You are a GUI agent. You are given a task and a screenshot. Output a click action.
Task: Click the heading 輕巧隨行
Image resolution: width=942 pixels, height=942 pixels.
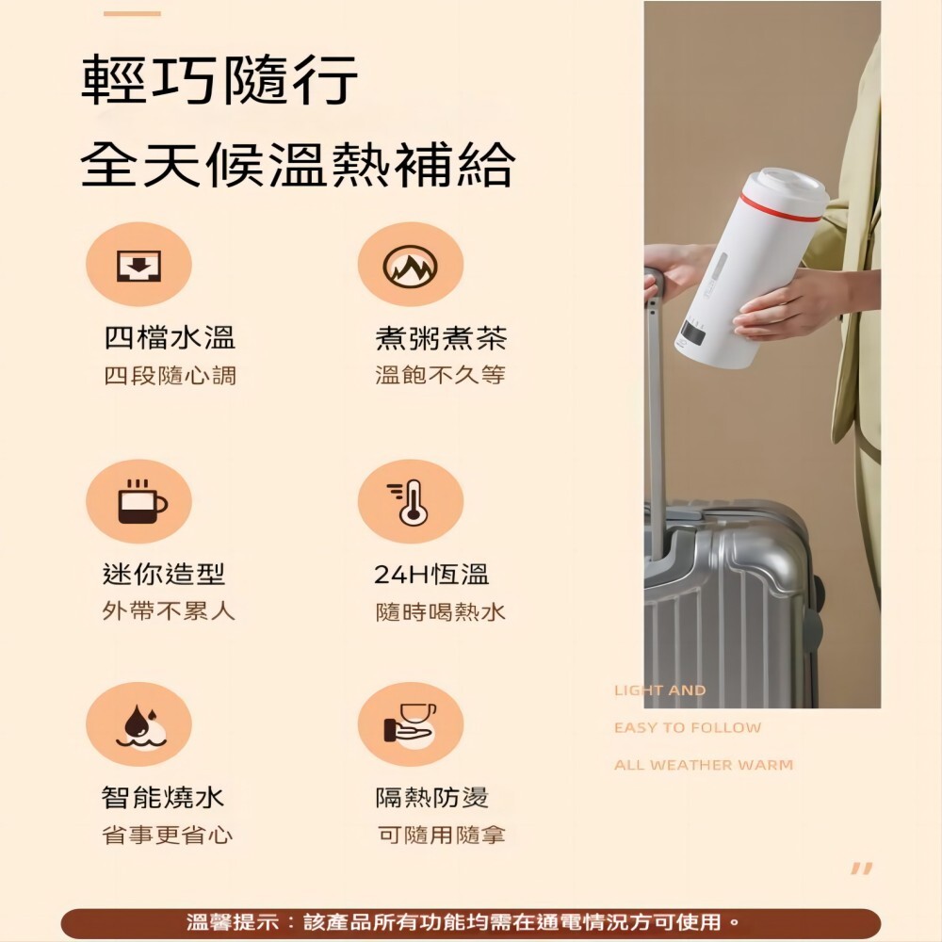point(219,79)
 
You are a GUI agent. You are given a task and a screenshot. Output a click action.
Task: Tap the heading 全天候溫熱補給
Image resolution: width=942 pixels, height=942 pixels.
point(298,164)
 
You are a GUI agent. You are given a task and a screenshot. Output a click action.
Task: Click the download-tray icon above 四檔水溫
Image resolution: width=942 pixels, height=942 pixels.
point(138,265)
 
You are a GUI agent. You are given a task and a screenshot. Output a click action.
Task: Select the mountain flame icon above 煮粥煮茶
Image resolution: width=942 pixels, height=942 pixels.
point(411,266)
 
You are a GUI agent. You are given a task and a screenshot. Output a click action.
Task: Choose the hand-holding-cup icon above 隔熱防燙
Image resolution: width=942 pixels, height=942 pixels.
point(410,723)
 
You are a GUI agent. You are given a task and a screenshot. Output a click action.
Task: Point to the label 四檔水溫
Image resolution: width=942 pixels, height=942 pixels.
point(170,337)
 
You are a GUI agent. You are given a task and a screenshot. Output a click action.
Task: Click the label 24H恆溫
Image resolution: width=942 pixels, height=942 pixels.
point(430,575)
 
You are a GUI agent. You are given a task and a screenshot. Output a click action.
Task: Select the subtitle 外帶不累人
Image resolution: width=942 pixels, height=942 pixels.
point(169,611)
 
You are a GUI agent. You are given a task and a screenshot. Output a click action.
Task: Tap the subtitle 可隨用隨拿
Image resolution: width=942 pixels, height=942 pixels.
point(442,835)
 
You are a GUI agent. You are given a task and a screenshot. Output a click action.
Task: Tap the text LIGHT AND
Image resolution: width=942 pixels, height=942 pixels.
point(659,690)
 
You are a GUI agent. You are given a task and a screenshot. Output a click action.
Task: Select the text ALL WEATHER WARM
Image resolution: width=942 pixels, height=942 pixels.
point(704,765)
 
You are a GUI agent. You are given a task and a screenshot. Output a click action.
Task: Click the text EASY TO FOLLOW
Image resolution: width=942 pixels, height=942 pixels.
point(688,727)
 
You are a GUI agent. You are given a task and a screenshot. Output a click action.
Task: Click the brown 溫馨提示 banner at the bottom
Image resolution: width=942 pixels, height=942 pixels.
point(471,921)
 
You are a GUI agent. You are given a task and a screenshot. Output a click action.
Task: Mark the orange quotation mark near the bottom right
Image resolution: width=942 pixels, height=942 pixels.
point(861,869)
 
